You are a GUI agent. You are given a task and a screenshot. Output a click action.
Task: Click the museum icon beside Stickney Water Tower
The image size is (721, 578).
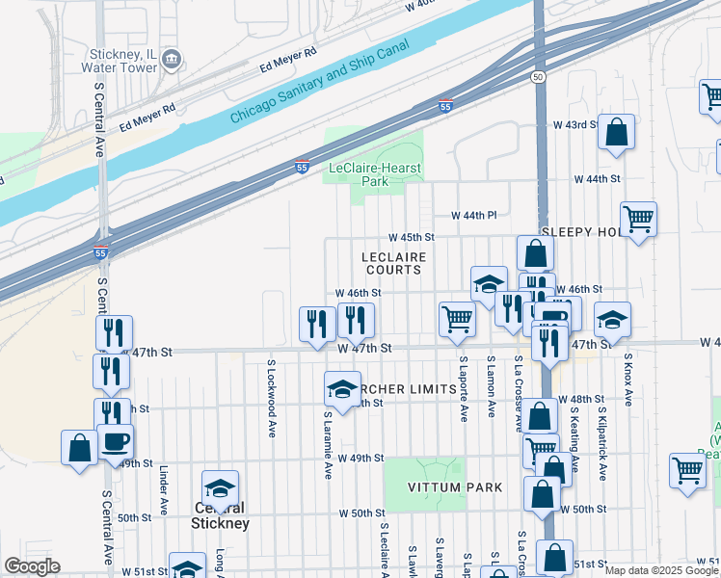pyautogui.click(x=172, y=61)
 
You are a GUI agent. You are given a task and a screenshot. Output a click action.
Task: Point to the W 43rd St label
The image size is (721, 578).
pyautogui.click(x=575, y=125)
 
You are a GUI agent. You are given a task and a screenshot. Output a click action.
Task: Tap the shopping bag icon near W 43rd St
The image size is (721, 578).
pyautogui.click(x=616, y=132)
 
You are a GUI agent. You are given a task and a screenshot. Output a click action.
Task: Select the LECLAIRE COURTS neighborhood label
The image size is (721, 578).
pyautogui.click(x=393, y=263)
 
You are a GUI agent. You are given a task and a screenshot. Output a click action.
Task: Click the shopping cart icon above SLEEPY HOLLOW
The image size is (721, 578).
pyautogui.click(x=638, y=220)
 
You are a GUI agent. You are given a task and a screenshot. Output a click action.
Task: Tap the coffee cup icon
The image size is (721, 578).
pyautogui.click(x=116, y=441)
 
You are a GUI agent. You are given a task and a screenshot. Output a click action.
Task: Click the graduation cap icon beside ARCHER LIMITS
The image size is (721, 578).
pyautogui.click(x=342, y=389)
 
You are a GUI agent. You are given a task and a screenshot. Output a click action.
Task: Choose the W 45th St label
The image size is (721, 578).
pyautogui.click(x=412, y=237)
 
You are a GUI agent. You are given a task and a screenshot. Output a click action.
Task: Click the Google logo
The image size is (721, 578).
pyautogui.click(x=32, y=566)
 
